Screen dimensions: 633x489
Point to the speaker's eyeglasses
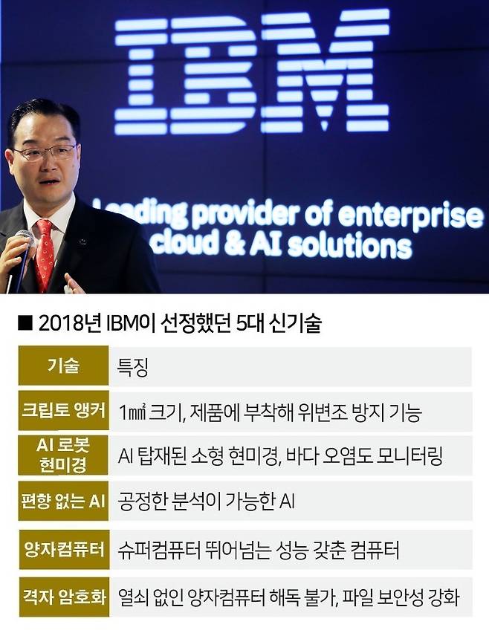coord(45,153)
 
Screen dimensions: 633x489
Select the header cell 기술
coord(63,366)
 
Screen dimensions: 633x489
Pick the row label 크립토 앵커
coord(63,411)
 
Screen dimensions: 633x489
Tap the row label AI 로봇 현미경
coord(63,455)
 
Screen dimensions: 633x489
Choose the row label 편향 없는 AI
coord(63,501)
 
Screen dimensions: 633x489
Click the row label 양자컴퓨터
coord(63,551)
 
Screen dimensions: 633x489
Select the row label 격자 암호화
coord(63,596)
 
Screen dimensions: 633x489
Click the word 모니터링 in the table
coord(410,455)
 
